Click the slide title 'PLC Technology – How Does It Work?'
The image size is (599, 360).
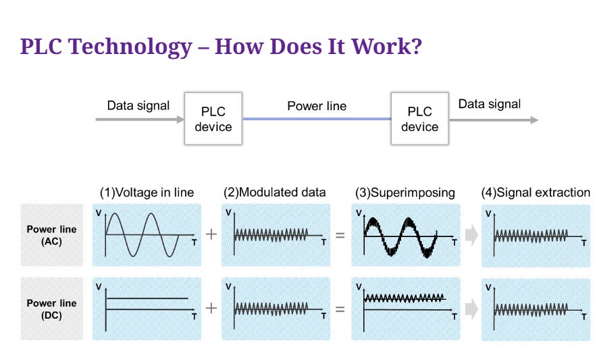[222, 47]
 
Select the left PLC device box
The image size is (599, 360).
[213, 119]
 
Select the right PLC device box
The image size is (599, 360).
[419, 119]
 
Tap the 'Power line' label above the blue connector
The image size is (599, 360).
[317, 106]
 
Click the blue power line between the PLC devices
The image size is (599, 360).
[317, 119]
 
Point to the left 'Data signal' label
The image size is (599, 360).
[138, 106]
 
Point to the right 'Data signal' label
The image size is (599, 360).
[490, 104]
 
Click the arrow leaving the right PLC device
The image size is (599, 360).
[494, 120]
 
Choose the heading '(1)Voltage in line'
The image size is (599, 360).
[147, 192]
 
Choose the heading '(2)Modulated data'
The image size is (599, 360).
[275, 192]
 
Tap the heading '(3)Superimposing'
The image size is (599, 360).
[405, 192]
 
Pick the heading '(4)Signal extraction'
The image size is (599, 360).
[536, 192]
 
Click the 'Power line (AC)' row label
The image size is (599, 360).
[51, 235]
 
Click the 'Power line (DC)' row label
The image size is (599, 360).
[51, 309]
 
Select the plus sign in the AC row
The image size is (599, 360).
[211, 234]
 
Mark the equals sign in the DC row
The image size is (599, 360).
[340, 309]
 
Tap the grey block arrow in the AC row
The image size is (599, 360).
[471, 235]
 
